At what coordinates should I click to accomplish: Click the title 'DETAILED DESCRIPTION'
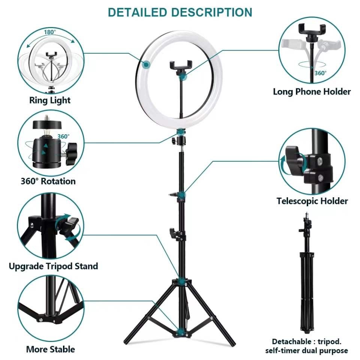[x=180, y=12]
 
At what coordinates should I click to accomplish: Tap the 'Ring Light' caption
[x=50, y=100]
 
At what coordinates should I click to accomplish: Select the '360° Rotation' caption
[x=48, y=181]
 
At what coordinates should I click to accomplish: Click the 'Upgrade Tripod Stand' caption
[x=53, y=266]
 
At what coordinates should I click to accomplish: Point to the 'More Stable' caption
[x=50, y=349]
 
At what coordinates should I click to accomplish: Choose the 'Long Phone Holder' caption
[x=312, y=91]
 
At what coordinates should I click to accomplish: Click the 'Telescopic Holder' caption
[x=312, y=201]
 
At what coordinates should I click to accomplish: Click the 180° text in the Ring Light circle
[x=49, y=32]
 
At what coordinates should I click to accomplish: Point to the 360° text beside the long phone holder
[x=320, y=73]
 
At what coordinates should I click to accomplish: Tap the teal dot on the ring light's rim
[x=146, y=65]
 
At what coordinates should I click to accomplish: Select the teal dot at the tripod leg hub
[x=181, y=280]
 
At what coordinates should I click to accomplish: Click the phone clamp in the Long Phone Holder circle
[x=311, y=30]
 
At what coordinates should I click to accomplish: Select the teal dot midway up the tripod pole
[x=181, y=195]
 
